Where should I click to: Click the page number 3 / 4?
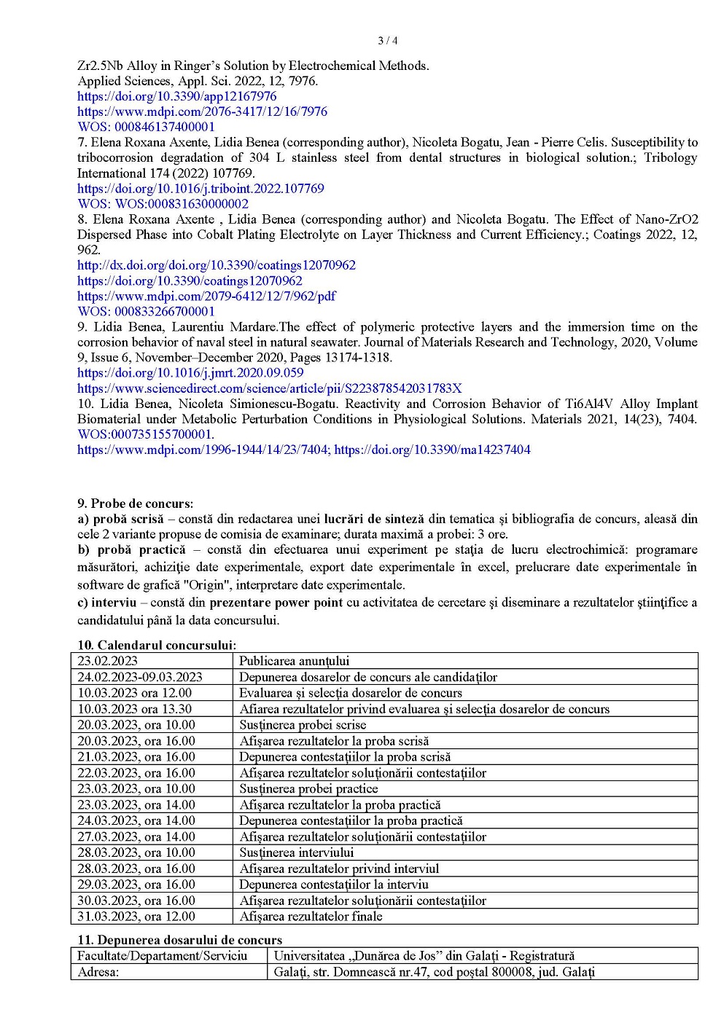coord(387,41)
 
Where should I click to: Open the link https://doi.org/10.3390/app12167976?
coord(177,96)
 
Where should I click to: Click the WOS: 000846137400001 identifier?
coord(146,127)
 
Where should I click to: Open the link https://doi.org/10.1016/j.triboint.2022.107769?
coord(201,189)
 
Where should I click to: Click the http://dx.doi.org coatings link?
coord(217,265)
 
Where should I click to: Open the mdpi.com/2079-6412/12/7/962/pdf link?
coord(206,296)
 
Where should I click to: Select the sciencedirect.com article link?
coord(269,388)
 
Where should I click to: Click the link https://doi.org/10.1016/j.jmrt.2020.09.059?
coord(190,373)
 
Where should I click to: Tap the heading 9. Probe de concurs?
coord(136,503)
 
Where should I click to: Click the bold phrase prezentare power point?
coord(276,603)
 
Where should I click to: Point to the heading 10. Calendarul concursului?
coord(157,645)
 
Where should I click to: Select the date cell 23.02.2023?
coord(108,661)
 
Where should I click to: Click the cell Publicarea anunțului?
coord(295,661)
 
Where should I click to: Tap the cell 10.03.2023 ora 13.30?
coord(135,709)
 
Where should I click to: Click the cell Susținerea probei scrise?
coord(303,725)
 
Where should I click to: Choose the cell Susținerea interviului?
coord(297,852)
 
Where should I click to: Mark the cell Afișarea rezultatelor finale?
coord(311,917)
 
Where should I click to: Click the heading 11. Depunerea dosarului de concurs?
coord(179,940)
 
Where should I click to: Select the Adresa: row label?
coord(98,972)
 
